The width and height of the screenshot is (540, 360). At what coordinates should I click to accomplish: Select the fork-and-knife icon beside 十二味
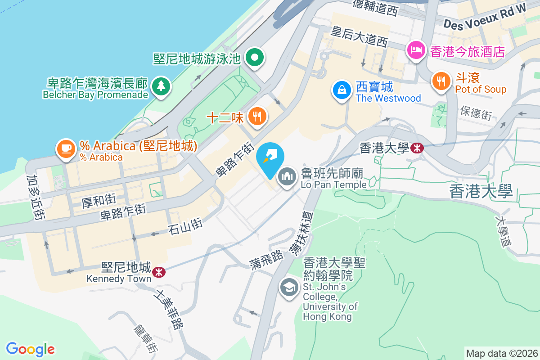click(x=257, y=117)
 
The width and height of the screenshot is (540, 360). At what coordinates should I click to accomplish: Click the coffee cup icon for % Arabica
click(x=66, y=149)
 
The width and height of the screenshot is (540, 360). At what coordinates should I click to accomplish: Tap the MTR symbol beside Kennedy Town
click(x=158, y=272)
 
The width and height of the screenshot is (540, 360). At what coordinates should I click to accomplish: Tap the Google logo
click(x=30, y=349)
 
